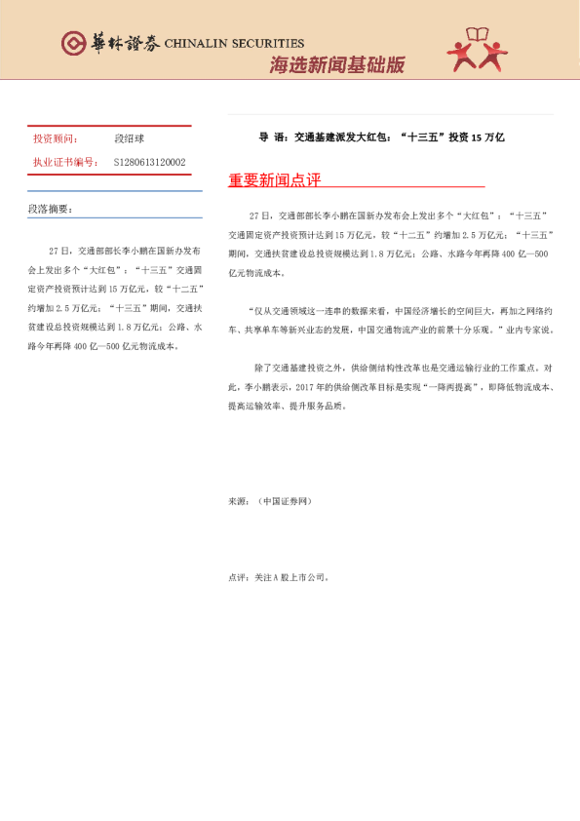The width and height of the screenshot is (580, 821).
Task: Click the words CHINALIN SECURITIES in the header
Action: tap(234, 44)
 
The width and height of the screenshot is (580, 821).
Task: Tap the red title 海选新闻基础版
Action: tap(336, 65)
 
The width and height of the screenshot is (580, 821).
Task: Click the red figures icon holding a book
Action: tap(477, 50)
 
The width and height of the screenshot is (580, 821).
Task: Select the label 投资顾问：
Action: tap(55, 139)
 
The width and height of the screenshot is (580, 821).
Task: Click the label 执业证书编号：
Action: tap(65, 162)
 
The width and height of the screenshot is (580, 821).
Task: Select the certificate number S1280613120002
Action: tap(150, 162)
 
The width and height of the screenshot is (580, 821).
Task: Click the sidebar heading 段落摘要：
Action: tap(51, 210)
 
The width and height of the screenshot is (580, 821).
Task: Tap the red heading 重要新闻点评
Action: tap(274, 181)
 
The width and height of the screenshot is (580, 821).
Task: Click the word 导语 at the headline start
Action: tap(270, 137)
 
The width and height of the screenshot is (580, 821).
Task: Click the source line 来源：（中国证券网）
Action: tap(270, 501)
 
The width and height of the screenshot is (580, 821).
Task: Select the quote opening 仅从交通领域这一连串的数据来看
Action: tap(322, 312)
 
